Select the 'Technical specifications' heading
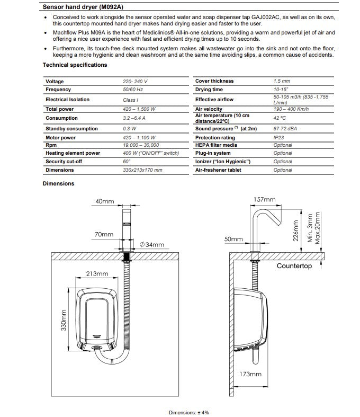[x=75, y=65]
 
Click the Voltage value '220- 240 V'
[x=135, y=82]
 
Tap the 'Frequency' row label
[x=58, y=90]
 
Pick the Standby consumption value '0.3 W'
[x=129, y=129]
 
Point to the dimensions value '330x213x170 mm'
[x=142, y=170]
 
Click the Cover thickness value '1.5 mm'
[x=282, y=81]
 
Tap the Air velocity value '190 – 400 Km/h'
[x=292, y=109]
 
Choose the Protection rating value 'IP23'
[x=279, y=137]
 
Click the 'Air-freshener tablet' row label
[x=218, y=170]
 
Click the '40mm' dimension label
[x=105, y=202]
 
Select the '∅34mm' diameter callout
[x=152, y=245]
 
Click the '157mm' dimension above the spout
[x=265, y=200]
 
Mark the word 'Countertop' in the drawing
[x=294, y=266]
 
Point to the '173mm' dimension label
[x=251, y=374]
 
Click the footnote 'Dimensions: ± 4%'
[x=189, y=412]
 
